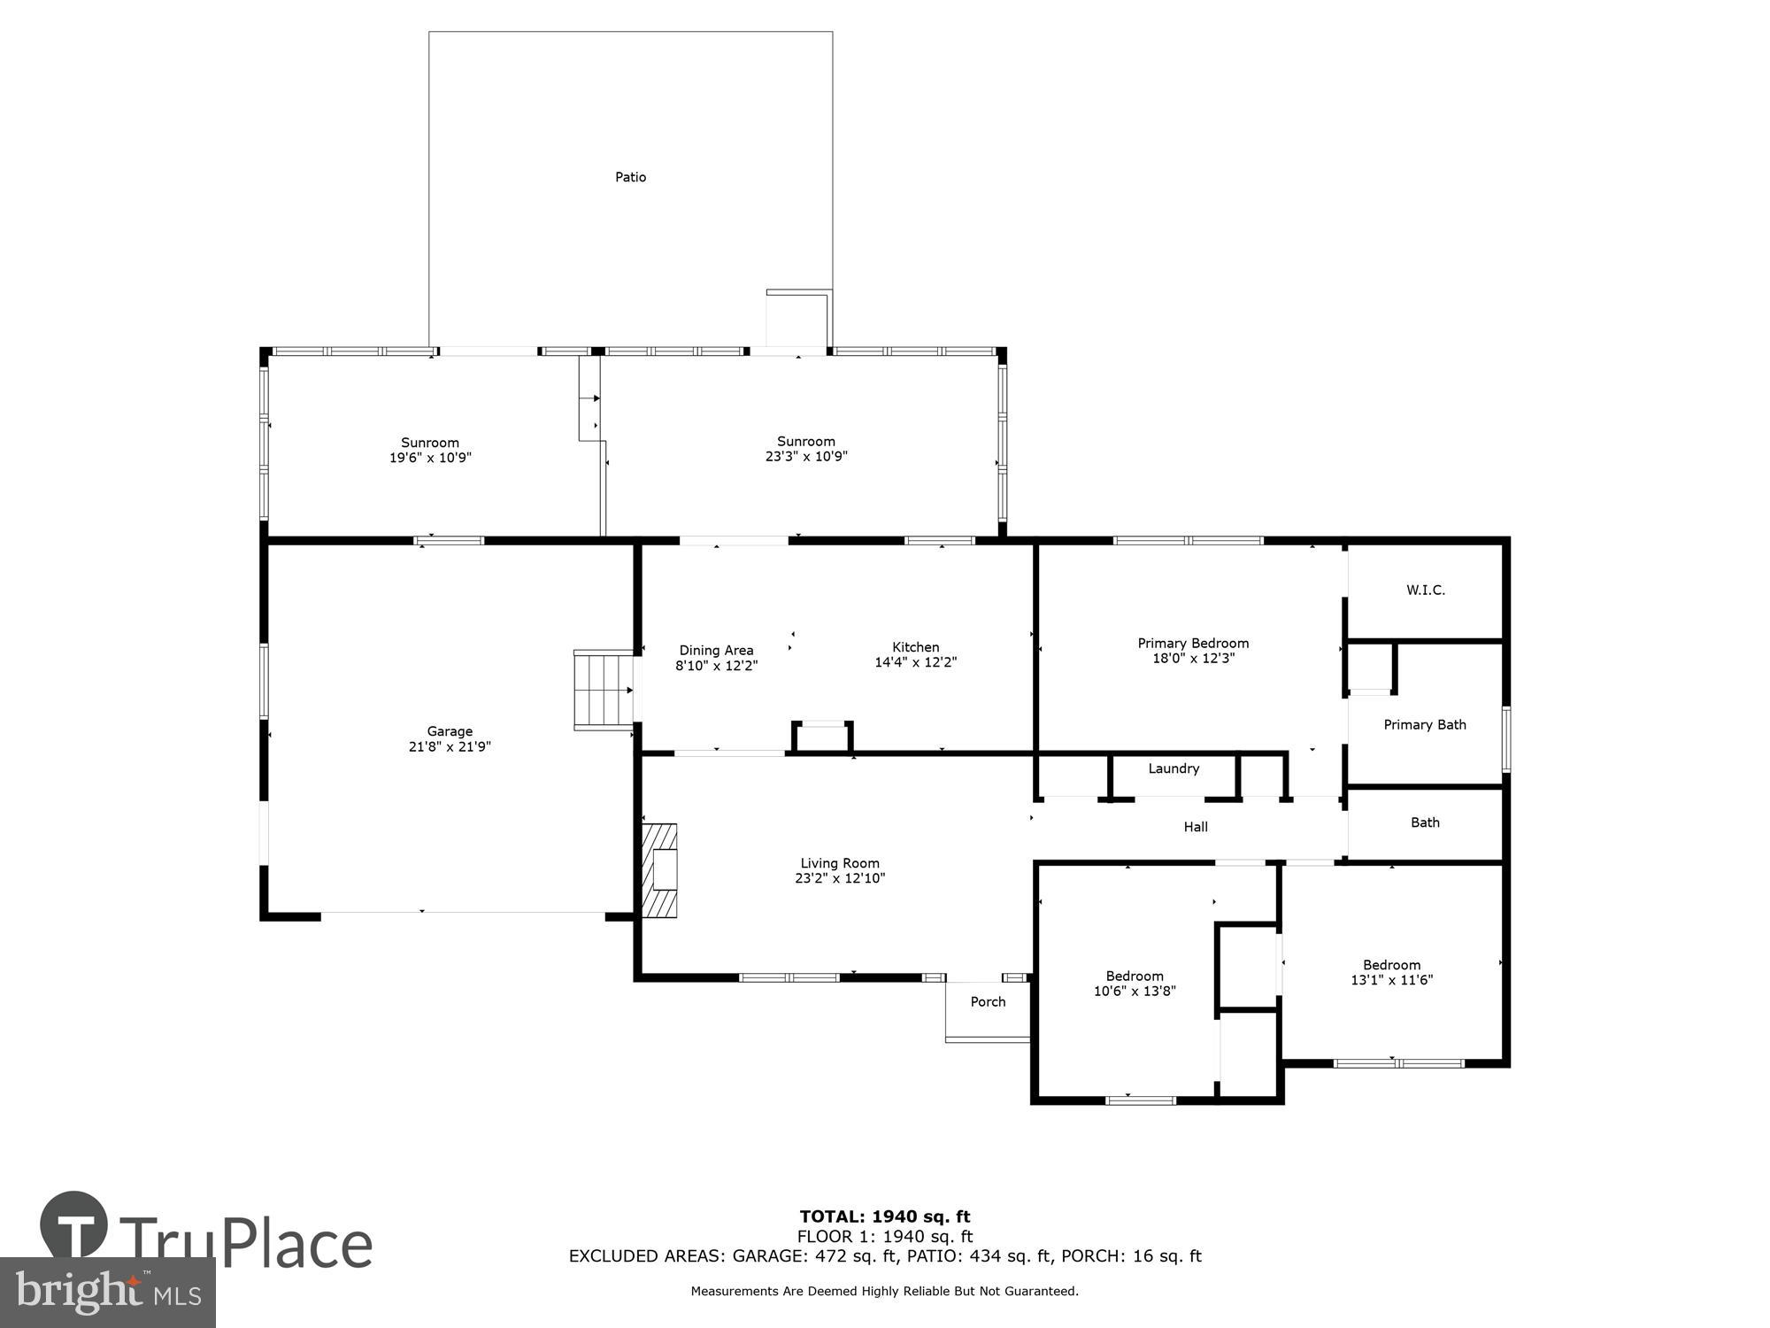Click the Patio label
[x=630, y=177]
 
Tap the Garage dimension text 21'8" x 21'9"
[x=450, y=746]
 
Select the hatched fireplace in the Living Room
[x=659, y=870]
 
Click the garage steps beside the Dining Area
[x=604, y=690]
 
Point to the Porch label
[x=988, y=1001]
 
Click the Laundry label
[x=1174, y=768]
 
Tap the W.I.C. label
[x=1425, y=590]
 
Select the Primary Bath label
[x=1424, y=724]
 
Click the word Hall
[x=1195, y=827]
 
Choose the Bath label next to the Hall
[x=1424, y=822]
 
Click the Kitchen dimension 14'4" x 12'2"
[x=915, y=662]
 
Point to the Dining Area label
[x=716, y=650]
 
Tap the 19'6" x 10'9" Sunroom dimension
[x=430, y=458]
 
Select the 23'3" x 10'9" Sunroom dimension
[x=805, y=456]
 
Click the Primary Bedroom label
[x=1192, y=643]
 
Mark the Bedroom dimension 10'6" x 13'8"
[x=1134, y=992]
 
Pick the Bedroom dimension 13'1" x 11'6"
[x=1391, y=980]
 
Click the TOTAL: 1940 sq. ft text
[x=884, y=1216]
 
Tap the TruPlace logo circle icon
[x=74, y=1226]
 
